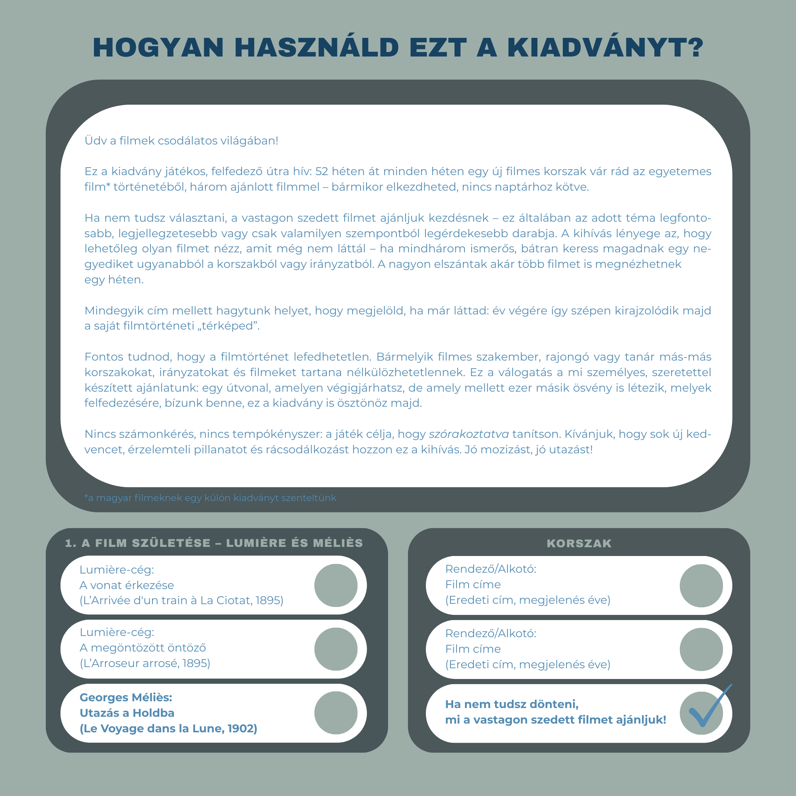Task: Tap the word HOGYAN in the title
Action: pos(159,48)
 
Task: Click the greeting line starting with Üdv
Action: pos(181,141)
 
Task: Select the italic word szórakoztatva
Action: pos(468,434)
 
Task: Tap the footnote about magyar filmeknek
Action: pos(210,498)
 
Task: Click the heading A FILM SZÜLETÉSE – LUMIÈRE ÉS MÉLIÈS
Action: pos(214,543)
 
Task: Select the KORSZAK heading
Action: pos(579,543)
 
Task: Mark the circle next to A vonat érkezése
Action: pos(336,585)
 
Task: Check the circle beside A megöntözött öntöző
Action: pos(336,649)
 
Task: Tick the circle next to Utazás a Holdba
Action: pos(336,713)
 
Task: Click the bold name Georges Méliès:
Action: pos(126,698)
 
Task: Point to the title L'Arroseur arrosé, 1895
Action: pos(145,663)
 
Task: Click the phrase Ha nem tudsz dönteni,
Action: pos(512,704)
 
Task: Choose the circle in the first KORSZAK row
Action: pos(701,585)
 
